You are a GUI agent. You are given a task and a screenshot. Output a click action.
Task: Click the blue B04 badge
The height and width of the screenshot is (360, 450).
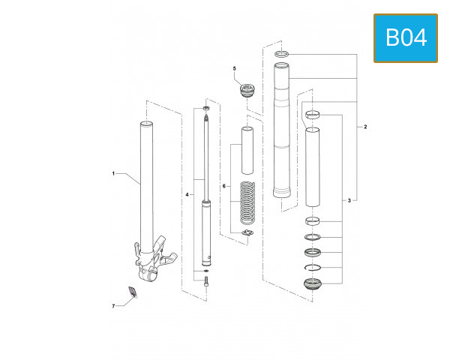coord(405,37)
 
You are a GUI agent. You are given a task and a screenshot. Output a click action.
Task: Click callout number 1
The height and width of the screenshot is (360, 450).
coord(114,173)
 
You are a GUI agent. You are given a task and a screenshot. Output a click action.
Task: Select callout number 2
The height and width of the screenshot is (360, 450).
coord(365,127)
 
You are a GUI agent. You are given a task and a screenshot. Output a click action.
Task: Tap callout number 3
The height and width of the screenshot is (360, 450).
coord(349,201)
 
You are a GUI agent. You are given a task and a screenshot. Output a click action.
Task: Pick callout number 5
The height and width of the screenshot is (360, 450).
coord(234,69)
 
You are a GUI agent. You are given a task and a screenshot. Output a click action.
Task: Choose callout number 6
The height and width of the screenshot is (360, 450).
coord(223,185)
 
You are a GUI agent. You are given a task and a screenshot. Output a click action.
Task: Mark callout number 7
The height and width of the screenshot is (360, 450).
coord(113,307)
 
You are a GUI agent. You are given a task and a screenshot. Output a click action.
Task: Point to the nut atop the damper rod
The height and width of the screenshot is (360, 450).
coord(206,109)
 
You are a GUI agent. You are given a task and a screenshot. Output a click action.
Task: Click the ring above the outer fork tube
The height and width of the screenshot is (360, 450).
coord(281,54)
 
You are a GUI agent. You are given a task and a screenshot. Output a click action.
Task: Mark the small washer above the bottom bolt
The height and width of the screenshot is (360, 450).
coord(206,270)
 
